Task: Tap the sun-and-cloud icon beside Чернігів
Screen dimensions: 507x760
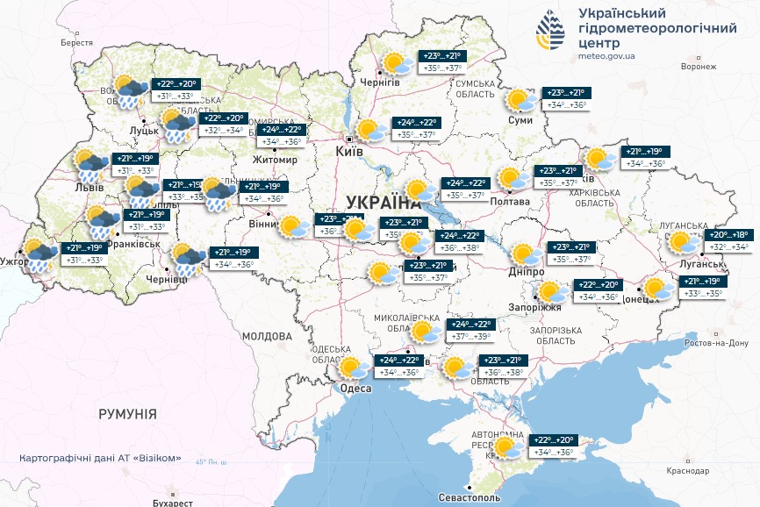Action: (x=397, y=63)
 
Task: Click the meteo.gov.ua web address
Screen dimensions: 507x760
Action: (x=611, y=55)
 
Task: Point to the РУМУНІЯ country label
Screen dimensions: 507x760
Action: (x=127, y=413)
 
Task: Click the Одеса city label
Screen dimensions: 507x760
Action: (x=355, y=389)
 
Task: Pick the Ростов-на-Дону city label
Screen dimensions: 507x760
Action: (x=718, y=342)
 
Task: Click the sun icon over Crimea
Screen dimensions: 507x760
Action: (x=506, y=447)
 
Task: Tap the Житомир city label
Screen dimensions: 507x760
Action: (x=275, y=160)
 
